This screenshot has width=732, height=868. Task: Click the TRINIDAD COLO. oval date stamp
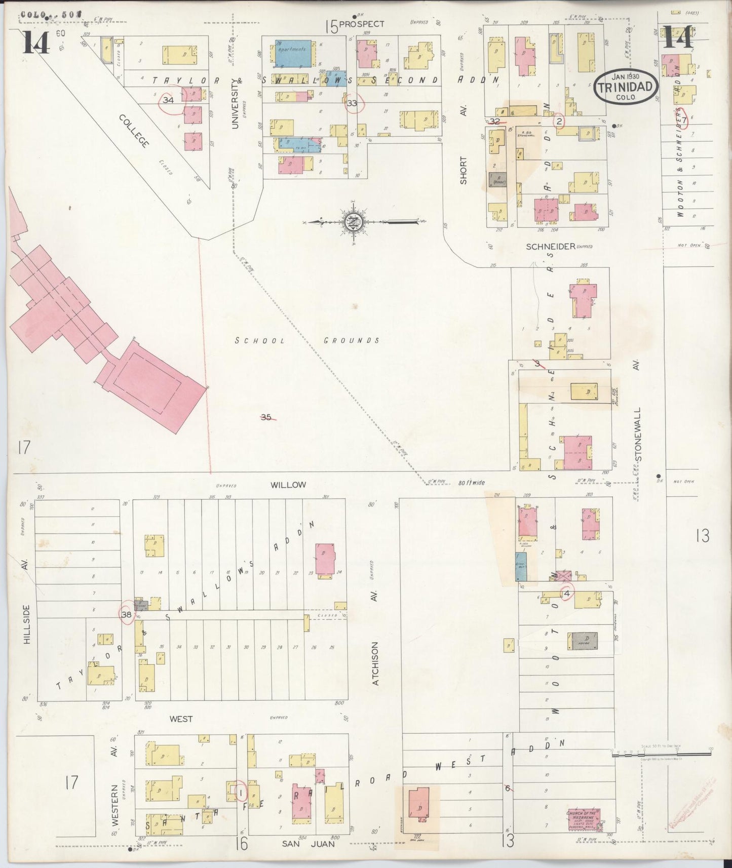[x=626, y=86]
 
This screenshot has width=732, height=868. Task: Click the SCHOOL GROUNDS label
[x=307, y=340]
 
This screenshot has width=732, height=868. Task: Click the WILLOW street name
[x=288, y=485]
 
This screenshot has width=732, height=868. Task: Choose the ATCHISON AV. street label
[x=375, y=663]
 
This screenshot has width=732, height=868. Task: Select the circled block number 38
[x=127, y=614]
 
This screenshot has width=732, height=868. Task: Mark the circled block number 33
[x=352, y=103]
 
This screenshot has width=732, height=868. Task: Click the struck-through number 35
[x=267, y=417]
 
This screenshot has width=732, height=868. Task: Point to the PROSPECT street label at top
[x=362, y=24]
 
